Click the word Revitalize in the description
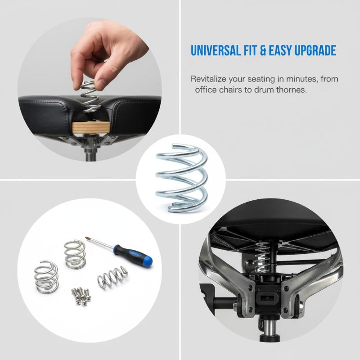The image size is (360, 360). (208, 79)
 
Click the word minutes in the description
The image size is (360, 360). (299, 79)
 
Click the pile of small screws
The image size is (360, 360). (81, 295)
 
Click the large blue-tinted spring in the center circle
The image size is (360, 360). (181, 178)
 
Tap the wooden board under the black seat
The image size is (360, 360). (91, 128)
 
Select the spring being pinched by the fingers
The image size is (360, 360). (90, 97)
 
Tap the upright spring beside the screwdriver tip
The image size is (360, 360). (75, 254)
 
